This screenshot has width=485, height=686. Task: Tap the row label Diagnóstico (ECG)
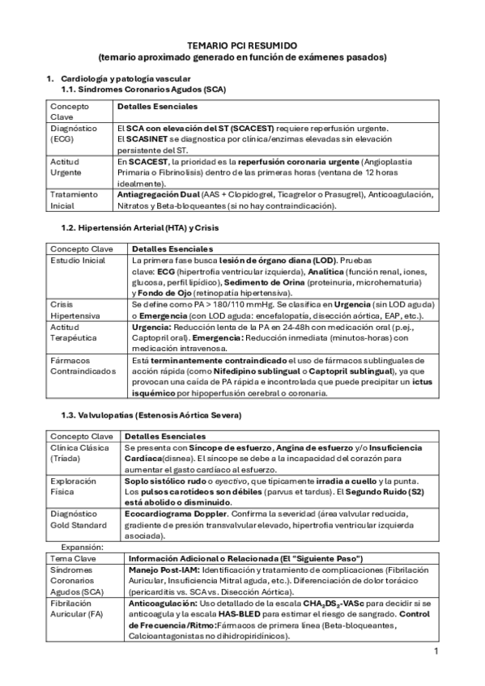[74, 133]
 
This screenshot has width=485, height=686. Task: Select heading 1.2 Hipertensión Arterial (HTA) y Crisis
[139, 229]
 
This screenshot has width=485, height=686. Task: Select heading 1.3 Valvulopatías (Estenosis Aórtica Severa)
[151, 415]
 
